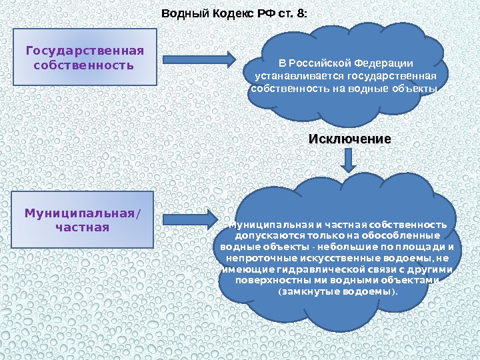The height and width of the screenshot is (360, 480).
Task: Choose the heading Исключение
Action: tap(349, 139)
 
